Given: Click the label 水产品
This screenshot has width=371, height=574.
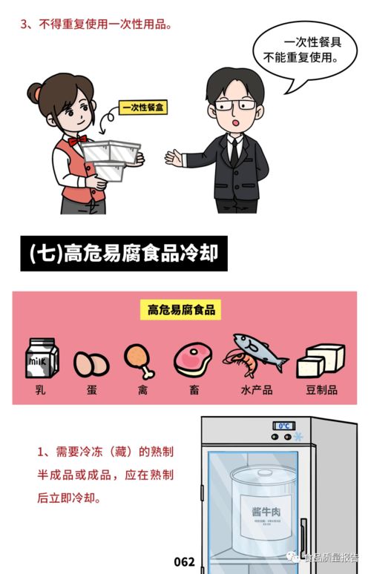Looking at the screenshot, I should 257,389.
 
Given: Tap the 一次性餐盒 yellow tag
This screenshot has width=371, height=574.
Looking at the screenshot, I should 144,108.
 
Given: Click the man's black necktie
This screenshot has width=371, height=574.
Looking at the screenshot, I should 234,149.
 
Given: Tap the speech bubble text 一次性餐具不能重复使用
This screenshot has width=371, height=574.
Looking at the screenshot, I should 305,50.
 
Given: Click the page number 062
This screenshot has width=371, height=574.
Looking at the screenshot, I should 184,561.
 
